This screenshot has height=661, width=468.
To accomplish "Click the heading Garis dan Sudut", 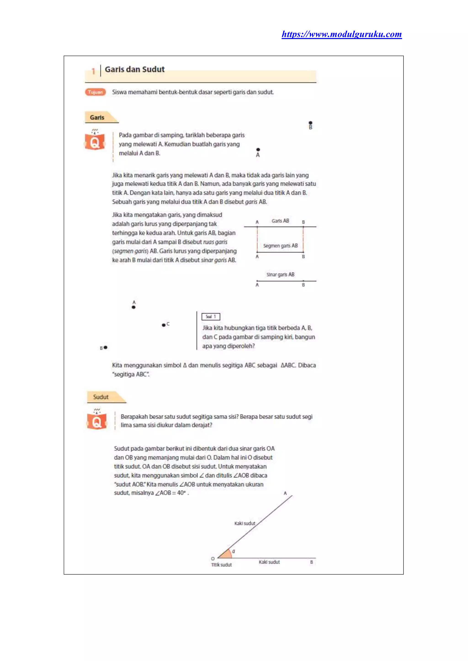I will click(x=135, y=69).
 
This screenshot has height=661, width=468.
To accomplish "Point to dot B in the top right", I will click(x=310, y=123).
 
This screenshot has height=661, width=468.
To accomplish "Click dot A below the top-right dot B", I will click(x=258, y=150).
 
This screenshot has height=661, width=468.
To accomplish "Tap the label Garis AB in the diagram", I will click(x=280, y=221).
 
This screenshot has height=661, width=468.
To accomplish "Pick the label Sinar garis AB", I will click(x=280, y=275).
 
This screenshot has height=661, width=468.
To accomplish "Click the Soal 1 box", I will click(x=211, y=317).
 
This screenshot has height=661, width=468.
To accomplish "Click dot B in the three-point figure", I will click(x=106, y=348).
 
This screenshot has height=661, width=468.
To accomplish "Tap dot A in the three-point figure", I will click(x=133, y=307).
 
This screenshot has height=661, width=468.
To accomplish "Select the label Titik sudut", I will click(x=221, y=565).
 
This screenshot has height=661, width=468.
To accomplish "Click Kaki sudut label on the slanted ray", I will click(x=245, y=523).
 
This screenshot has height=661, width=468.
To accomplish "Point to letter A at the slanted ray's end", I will click(x=285, y=493).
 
